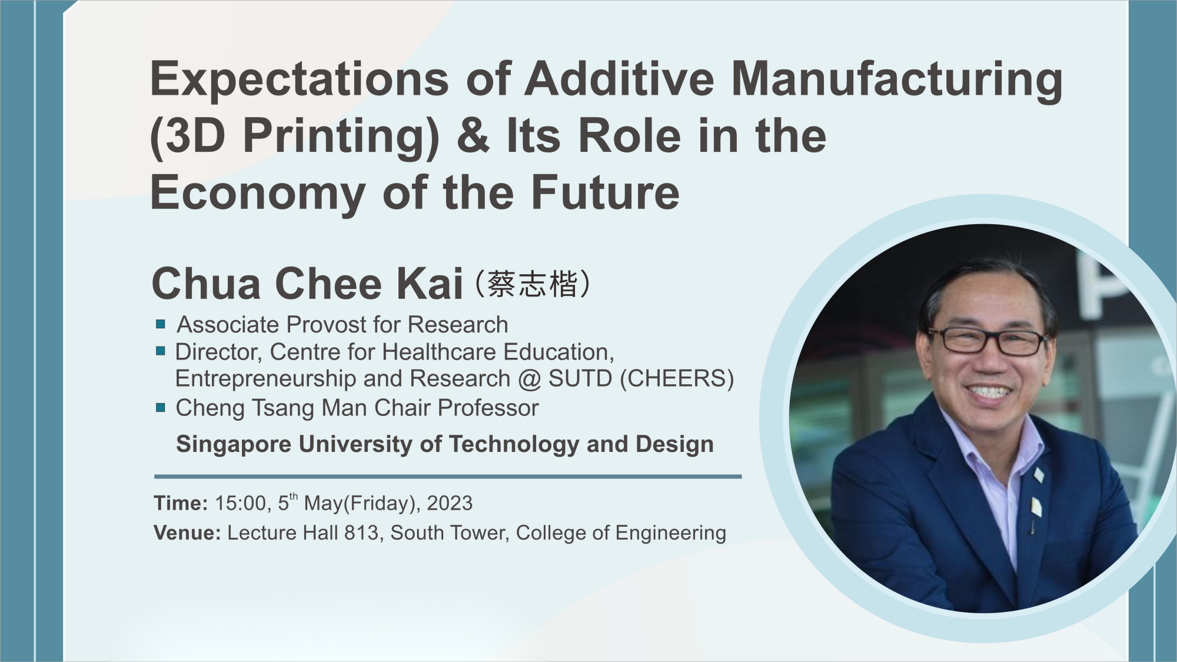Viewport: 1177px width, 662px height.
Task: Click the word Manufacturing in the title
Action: pyautogui.click(x=896, y=80)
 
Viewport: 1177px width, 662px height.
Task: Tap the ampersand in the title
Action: pyautogui.click(x=473, y=136)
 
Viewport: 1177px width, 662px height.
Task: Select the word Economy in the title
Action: pyautogui.click(x=258, y=194)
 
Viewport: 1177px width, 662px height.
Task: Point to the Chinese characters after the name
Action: pyautogui.click(x=533, y=284)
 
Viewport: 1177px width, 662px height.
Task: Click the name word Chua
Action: pyautogui.click(x=205, y=284)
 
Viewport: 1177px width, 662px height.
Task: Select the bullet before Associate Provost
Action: pyautogui.click(x=161, y=324)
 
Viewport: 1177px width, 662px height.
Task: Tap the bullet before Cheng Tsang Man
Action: pyautogui.click(x=161, y=407)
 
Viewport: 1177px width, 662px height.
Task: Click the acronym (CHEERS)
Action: pyautogui.click(x=677, y=378)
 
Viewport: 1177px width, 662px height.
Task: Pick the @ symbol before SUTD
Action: pyautogui.click(x=530, y=379)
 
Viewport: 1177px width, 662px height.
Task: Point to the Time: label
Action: pyautogui.click(x=181, y=503)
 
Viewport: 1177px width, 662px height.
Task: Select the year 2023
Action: pyautogui.click(x=450, y=503)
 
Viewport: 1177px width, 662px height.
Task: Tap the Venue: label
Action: pyautogui.click(x=187, y=533)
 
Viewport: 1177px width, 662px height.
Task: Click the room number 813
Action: pyautogui.click(x=361, y=533)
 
